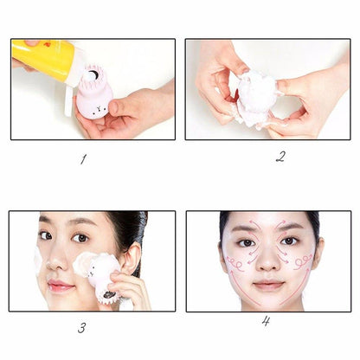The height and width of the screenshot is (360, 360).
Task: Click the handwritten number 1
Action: (x=84, y=157)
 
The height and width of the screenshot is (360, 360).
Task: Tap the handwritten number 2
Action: (x=280, y=157)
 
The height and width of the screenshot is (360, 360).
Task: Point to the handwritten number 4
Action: (x=265, y=321)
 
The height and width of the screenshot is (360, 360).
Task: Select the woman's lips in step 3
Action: (x=60, y=285)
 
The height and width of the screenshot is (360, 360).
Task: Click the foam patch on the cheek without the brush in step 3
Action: (x=37, y=260)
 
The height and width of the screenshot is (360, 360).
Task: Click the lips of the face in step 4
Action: (x=267, y=284)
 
